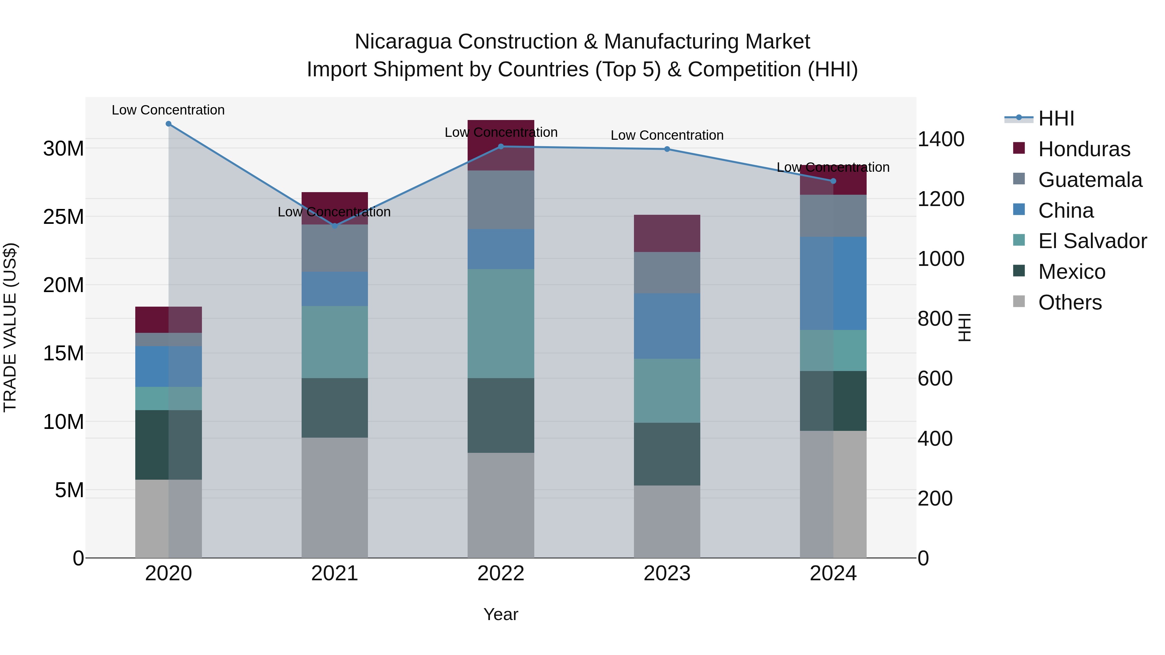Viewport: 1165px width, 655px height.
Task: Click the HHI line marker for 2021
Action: coord(335,225)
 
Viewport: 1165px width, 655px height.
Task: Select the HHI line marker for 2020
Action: coord(168,124)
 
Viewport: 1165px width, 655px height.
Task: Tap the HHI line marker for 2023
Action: coord(667,149)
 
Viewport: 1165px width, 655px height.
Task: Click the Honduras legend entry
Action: coord(1084,149)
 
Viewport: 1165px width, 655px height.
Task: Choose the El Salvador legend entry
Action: coord(1092,241)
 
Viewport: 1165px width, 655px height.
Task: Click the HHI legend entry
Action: coord(1056,118)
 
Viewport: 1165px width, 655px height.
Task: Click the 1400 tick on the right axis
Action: coord(941,139)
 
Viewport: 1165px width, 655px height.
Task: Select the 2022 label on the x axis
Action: coord(501,573)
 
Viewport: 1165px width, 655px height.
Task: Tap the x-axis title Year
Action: coord(501,614)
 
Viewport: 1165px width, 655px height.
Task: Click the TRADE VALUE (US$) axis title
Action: coord(10,327)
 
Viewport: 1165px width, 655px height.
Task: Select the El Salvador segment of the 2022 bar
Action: coord(501,324)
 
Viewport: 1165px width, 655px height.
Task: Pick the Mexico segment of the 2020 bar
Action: coord(168,445)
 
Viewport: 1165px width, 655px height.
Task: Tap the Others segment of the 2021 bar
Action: coord(335,497)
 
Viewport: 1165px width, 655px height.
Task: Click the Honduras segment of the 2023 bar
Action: coord(667,233)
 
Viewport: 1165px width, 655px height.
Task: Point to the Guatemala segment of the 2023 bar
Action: coord(667,273)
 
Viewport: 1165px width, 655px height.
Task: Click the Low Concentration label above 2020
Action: coord(168,110)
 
